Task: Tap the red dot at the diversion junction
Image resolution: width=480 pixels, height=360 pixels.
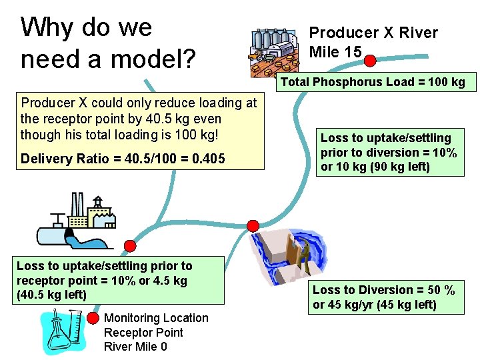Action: [x=253, y=225]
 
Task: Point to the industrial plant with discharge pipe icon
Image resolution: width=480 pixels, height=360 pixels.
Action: [x=75, y=220]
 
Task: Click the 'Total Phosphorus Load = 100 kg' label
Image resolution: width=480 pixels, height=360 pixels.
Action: [x=373, y=83]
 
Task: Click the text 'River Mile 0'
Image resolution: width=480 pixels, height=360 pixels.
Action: [x=135, y=346]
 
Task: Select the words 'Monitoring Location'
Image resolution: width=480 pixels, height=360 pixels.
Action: [x=156, y=318]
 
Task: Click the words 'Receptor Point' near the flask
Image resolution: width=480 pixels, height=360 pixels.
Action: [x=143, y=332]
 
